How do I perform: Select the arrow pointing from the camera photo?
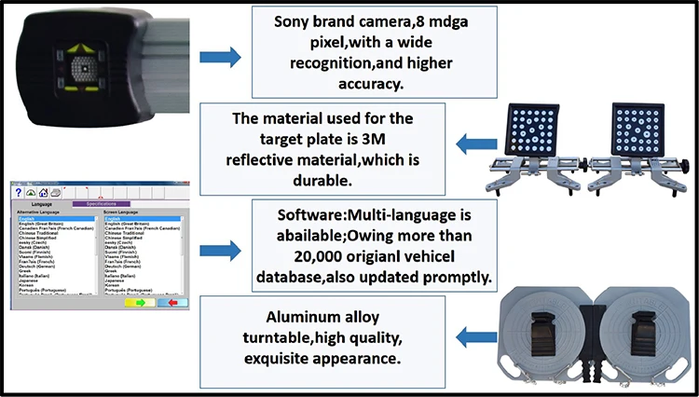pyautogui.click(x=221, y=57)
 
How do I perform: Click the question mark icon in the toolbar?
pyautogui.click(x=17, y=192)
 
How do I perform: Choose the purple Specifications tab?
pyautogui.click(x=101, y=202)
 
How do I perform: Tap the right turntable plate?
pyautogui.click(x=644, y=336)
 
